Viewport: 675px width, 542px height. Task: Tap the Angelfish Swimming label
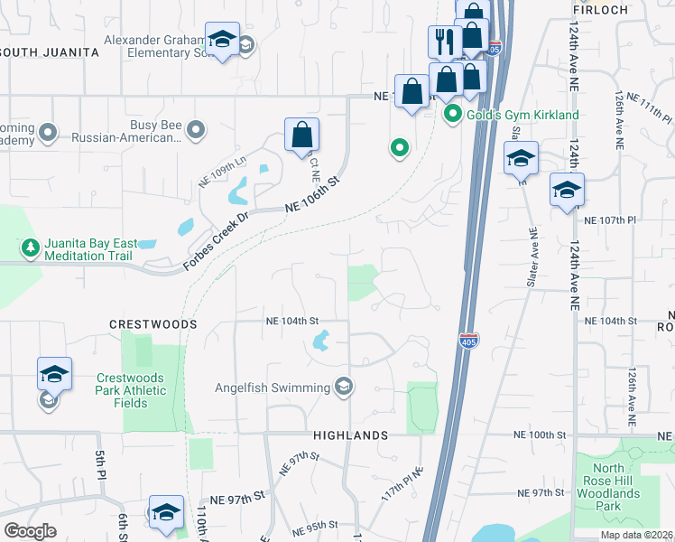(x=272, y=388)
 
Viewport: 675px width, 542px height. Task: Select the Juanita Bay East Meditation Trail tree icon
(x=30, y=247)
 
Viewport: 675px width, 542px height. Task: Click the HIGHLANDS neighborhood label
(x=350, y=435)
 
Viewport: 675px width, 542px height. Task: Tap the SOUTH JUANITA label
(x=50, y=52)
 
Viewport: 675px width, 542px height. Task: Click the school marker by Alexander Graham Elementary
(x=222, y=40)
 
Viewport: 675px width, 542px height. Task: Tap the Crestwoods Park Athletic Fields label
(x=132, y=390)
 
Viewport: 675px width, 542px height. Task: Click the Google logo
(x=30, y=531)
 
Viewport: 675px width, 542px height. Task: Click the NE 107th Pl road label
(x=610, y=220)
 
